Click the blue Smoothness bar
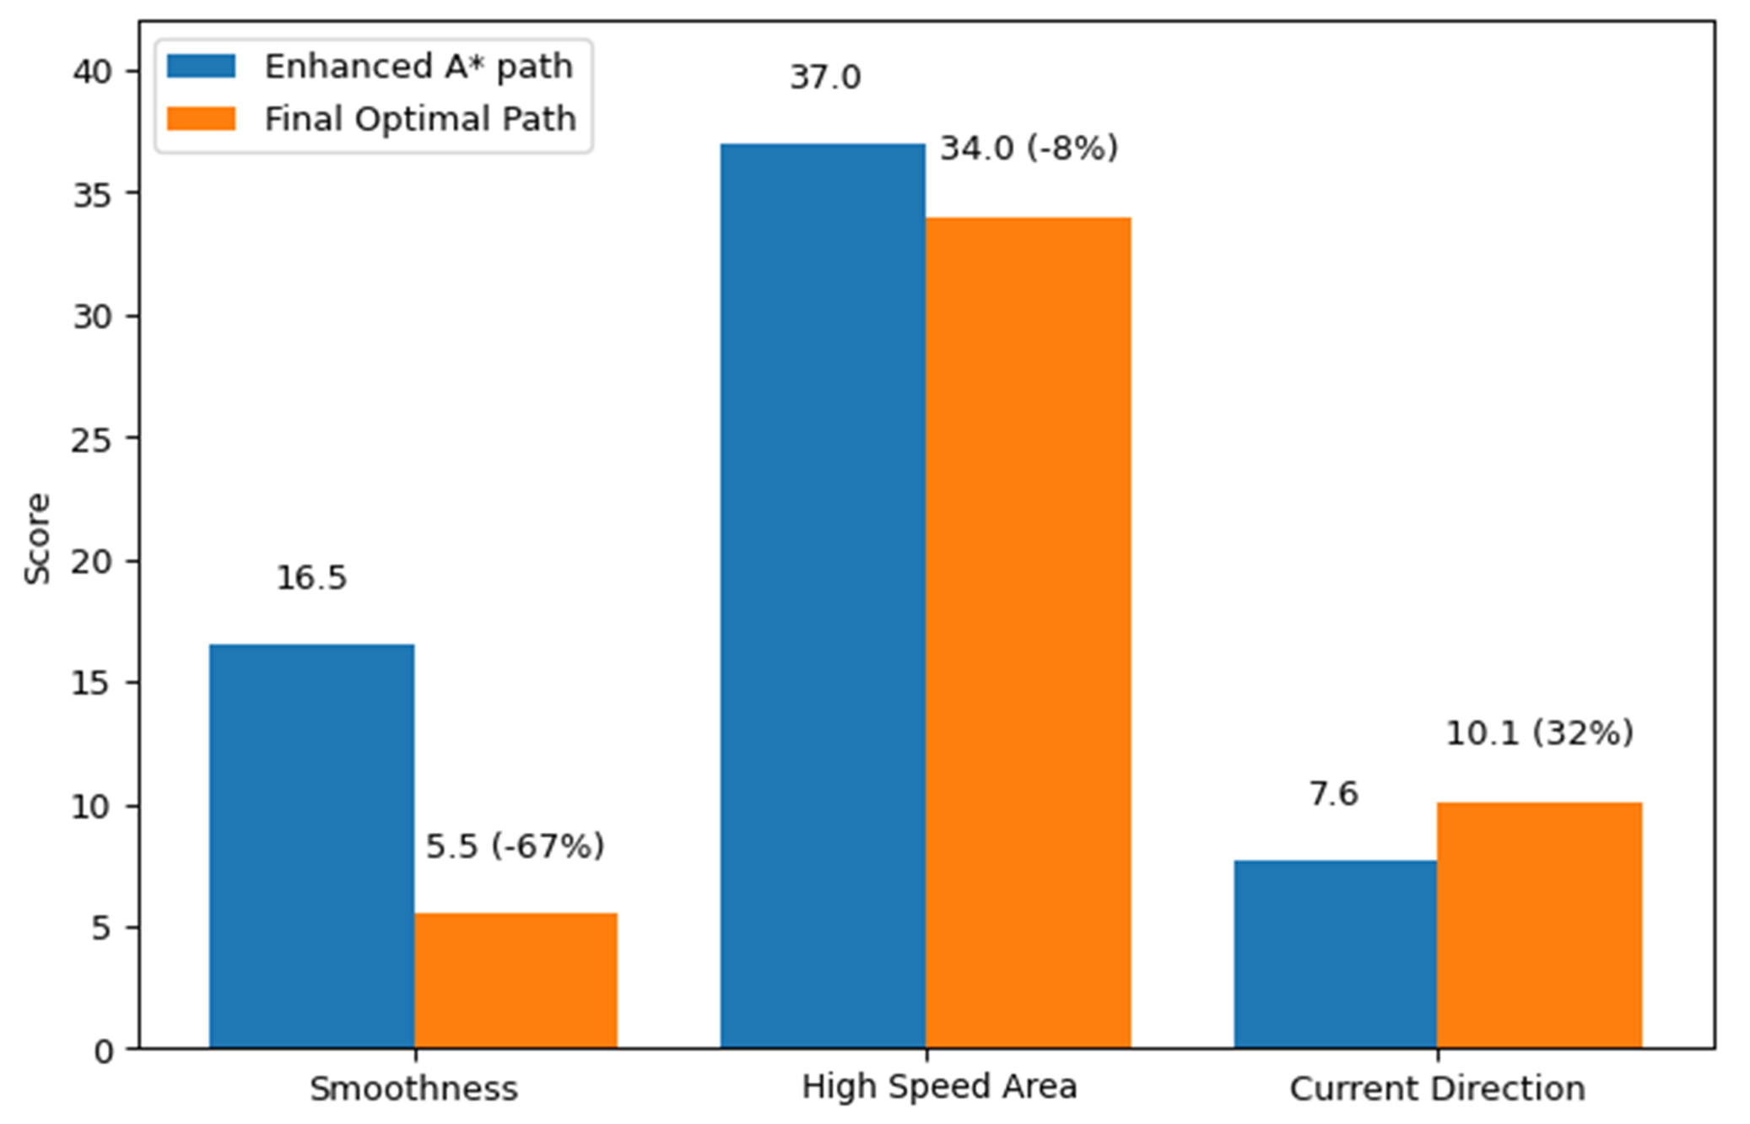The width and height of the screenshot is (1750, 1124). [x=311, y=846]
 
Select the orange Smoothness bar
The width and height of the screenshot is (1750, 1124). [x=516, y=981]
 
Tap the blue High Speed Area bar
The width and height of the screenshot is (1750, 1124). [x=822, y=596]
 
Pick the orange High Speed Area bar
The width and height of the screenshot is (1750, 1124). [x=1028, y=633]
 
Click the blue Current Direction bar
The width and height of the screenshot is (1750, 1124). [x=1335, y=954]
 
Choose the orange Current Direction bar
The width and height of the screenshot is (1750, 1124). [x=1539, y=925]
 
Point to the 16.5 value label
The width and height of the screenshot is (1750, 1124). [x=311, y=578]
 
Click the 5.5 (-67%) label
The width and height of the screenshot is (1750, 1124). [x=515, y=846]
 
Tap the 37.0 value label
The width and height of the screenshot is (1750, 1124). [x=824, y=78]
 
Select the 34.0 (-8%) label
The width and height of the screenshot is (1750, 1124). [x=1029, y=149]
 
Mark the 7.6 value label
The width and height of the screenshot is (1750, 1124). [x=1333, y=794]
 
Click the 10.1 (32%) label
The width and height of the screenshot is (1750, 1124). [x=1539, y=733]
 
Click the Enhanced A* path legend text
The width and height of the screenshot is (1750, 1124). [x=419, y=67]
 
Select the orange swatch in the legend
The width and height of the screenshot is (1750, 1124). [x=201, y=119]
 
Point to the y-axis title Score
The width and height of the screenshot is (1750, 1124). [x=37, y=538]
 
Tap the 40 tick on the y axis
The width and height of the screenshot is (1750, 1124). [x=92, y=72]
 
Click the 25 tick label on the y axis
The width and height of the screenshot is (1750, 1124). [x=92, y=440]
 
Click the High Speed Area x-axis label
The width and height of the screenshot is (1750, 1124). [x=938, y=1087]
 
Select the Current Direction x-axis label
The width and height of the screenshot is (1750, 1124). [x=1436, y=1089]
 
